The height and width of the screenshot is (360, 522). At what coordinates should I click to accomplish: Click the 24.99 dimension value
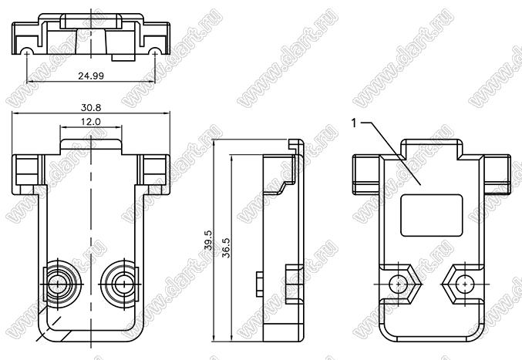point(91,76)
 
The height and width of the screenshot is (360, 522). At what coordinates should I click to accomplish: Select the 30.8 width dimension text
point(91,108)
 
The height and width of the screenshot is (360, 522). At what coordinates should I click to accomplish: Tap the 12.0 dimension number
point(91,122)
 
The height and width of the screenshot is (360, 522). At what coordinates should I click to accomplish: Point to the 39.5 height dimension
point(208,240)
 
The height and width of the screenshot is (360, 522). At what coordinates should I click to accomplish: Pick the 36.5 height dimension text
point(227,247)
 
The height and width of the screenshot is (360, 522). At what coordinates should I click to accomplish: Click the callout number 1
point(354,123)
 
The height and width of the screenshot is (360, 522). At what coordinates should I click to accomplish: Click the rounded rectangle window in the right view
point(432,216)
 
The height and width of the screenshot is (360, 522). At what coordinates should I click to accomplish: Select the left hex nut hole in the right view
point(398,284)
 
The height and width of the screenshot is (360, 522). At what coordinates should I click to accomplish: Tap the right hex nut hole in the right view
point(464,284)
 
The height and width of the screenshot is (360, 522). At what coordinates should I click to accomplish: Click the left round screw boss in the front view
point(59,284)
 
